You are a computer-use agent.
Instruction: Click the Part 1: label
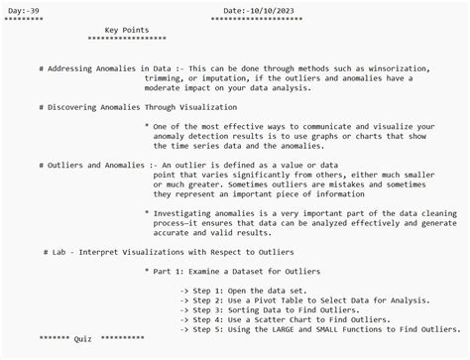pyautogui.click(x=172, y=270)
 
